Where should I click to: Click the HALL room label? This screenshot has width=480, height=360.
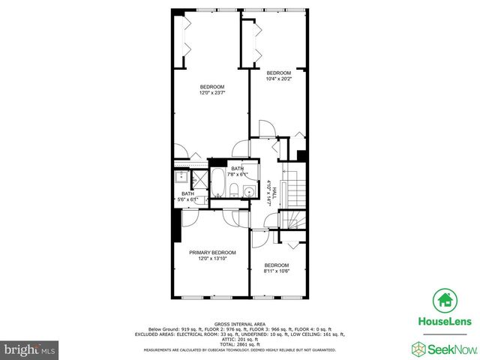pos(274,192)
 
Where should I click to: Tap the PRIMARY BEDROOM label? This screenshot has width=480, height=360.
pos(212,253)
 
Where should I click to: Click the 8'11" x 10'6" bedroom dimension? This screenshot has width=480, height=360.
pos(277,271)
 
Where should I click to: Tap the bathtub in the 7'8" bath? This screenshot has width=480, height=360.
pos(218,184)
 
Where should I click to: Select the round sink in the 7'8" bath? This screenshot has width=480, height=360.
pos(250,193)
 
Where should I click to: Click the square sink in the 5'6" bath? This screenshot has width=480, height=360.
pos(181,178)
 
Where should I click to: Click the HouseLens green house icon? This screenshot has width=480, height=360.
pos(445,300)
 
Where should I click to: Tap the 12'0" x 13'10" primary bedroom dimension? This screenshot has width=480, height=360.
pos(212,259)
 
